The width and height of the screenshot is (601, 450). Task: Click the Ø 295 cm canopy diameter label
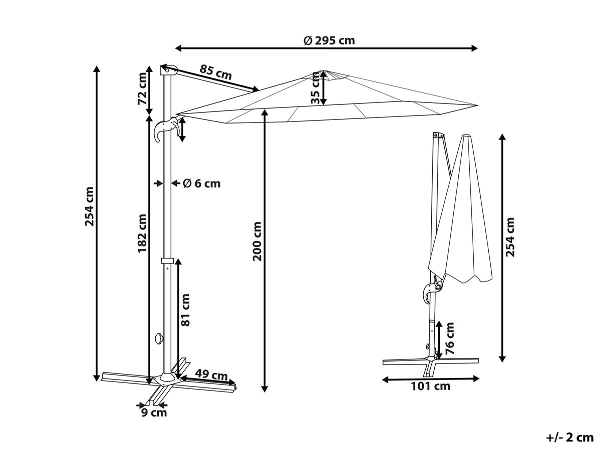click(329, 40)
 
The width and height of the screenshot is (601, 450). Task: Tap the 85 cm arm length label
click(215, 72)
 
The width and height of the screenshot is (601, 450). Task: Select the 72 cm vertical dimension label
click(142, 88)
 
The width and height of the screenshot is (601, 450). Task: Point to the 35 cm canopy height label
click(316, 87)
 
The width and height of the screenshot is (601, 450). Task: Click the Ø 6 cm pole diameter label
click(201, 183)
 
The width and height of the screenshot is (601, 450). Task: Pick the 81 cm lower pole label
click(185, 310)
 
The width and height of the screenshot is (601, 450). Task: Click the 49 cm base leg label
click(211, 375)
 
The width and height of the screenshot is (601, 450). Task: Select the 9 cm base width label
click(154, 412)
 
